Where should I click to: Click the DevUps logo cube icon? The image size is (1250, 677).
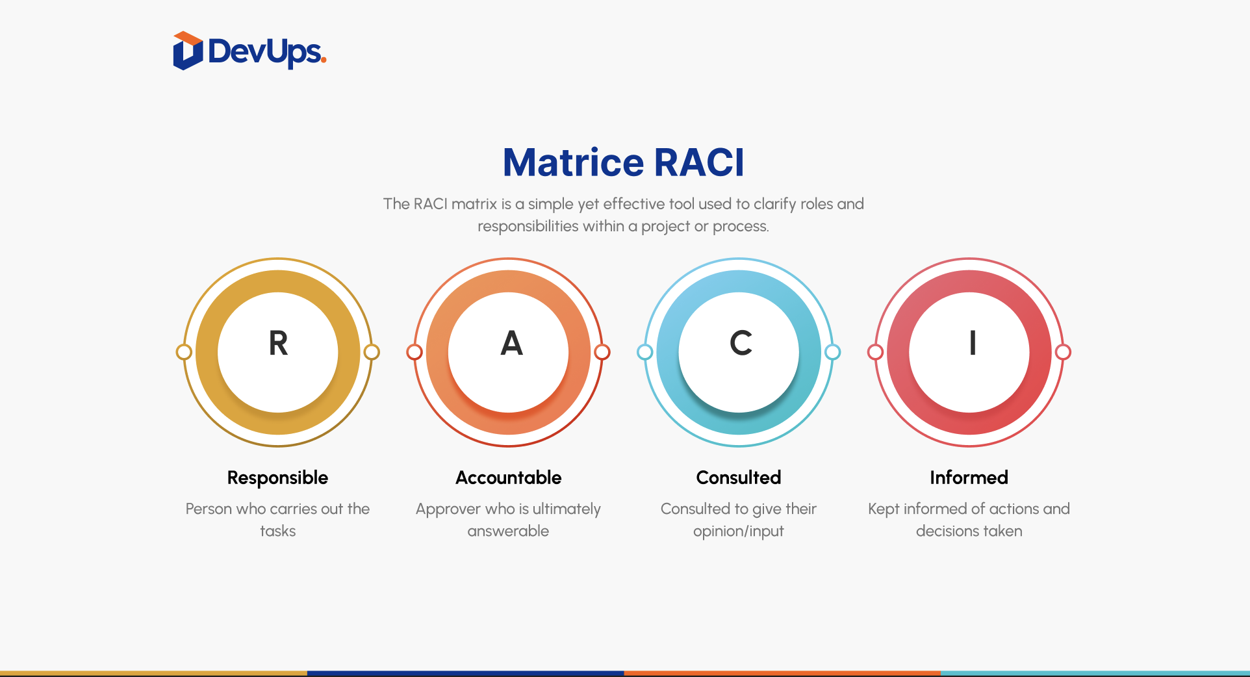(x=188, y=51)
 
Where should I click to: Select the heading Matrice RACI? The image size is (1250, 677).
(x=624, y=162)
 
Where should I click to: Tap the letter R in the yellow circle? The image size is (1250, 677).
(x=278, y=343)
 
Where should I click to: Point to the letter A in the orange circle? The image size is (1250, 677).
(x=511, y=343)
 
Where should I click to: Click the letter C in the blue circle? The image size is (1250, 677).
(x=741, y=343)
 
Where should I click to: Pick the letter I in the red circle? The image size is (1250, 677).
(x=973, y=343)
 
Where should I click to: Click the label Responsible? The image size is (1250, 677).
(x=277, y=478)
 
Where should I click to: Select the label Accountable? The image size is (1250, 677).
(x=508, y=478)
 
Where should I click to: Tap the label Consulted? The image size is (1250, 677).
(x=739, y=478)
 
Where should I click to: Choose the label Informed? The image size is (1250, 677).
(x=969, y=478)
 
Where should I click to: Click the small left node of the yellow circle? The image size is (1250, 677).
(x=184, y=352)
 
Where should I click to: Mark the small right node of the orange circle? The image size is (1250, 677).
(x=602, y=352)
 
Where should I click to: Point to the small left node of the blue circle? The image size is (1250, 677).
(x=644, y=352)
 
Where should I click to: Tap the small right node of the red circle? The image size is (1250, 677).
(x=1063, y=352)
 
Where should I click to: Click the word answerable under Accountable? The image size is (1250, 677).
(x=508, y=531)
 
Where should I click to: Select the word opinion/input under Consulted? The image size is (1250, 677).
(x=739, y=531)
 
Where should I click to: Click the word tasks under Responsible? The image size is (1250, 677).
(x=277, y=531)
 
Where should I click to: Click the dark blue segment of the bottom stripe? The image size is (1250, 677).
(x=466, y=673)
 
